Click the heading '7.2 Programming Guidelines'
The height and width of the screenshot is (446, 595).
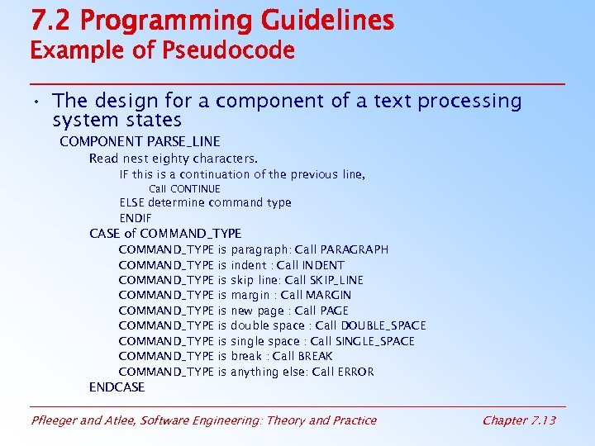(x=212, y=21)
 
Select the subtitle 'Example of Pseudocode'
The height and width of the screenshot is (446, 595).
(x=162, y=51)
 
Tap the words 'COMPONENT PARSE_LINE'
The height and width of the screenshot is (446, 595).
(x=140, y=142)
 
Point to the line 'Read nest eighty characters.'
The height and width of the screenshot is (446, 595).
(x=174, y=158)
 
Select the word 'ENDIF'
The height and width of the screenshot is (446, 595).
(x=137, y=218)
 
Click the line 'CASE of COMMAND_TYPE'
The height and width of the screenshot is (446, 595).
(x=165, y=234)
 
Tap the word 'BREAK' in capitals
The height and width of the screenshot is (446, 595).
(x=315, y=356)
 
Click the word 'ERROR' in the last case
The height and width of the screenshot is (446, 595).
(x=355, y=372)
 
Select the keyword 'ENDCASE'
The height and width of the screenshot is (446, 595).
(x=117, y=387)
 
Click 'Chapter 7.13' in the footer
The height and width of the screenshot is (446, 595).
(x=519, y=420)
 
